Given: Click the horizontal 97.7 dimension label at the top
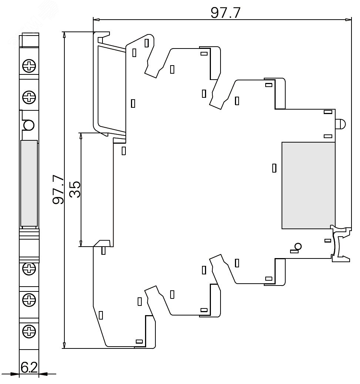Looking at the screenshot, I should [x=226, y=13].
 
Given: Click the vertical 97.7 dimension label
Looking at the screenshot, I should [x=58, y=190].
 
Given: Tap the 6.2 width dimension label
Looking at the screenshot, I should [x=29, y=368].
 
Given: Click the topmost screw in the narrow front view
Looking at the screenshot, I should [x=29, y=67].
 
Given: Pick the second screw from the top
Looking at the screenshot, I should [x=29, y=98].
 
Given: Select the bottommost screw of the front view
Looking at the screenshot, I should [x=29, y=330].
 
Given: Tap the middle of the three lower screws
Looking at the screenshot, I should [x=29, y=298].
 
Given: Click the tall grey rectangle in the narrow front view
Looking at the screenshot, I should [x=29, y=183].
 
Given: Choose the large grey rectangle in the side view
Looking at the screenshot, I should [x=308, y=185].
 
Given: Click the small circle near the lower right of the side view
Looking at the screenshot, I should [x=297, y=246].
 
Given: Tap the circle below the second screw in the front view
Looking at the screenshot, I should [x=28, y=126].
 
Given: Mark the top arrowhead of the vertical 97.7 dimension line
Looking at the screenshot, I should [x=64, y=35].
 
